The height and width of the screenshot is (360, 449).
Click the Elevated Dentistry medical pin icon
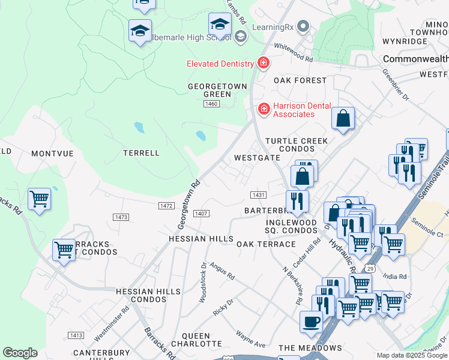(x=263, y=62)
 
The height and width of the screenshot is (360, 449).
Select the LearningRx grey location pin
(x=303, y=27)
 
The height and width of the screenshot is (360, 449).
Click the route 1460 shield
(x=211, y=104)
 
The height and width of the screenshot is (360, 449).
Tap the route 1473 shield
(x=121, y=217)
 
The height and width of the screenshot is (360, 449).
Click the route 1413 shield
(x=76, y=335)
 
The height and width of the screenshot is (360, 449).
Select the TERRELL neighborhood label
(x=141, y=153)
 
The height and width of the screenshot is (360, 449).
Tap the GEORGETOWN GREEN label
(x=217, y=90)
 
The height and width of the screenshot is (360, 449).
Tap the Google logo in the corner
(x=20, y=353)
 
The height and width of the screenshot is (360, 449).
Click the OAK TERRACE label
(x=266, y=244)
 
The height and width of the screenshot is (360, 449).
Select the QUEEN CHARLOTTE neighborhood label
(x=191, y=340)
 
